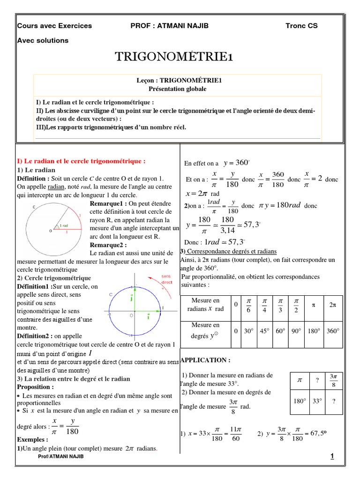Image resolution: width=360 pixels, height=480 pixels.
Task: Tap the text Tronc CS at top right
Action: click(301, 26)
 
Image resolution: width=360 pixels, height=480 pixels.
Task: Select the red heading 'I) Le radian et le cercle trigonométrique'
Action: click(82, 161)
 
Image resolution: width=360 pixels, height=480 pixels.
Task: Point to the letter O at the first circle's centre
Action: click(51, 231)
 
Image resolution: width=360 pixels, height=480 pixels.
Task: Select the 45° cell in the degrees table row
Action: click(264, 330)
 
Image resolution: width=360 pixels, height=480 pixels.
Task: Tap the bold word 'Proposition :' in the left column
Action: click(36, 387)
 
